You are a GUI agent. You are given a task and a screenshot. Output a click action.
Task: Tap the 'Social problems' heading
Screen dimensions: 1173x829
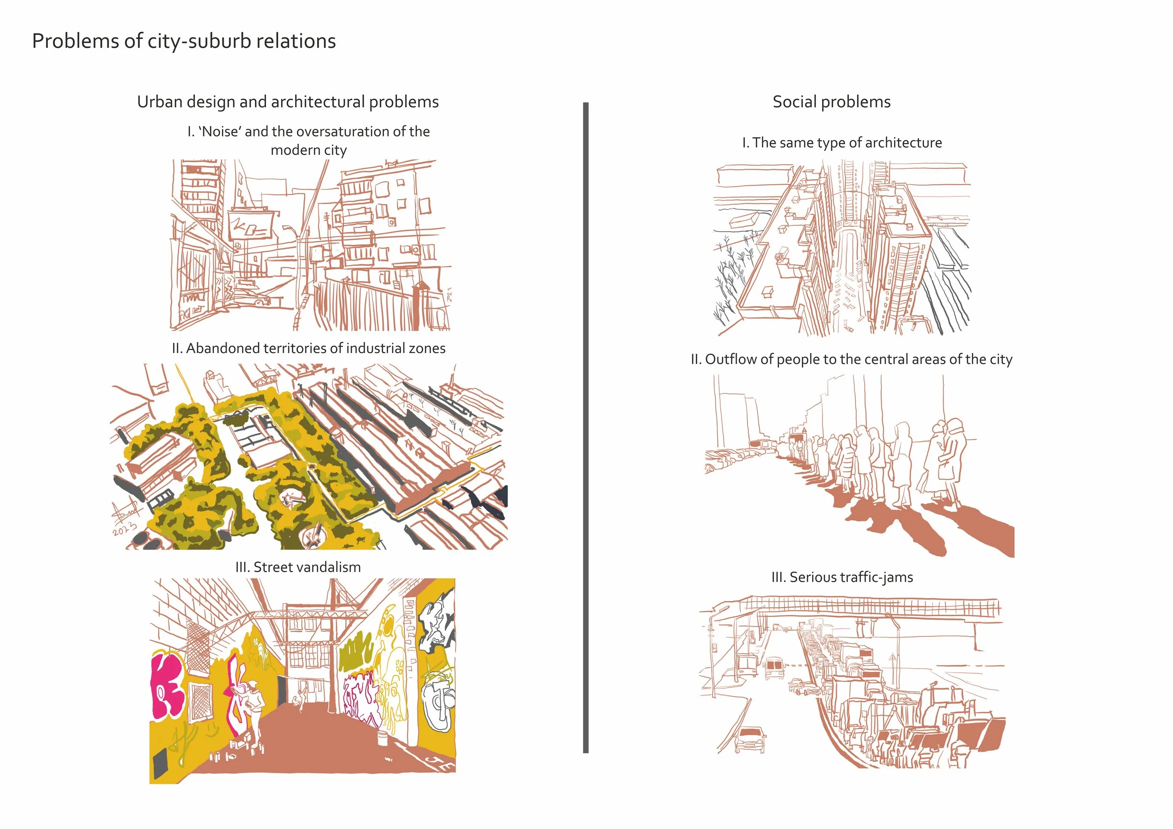pyautogui.click(x=831, y=102)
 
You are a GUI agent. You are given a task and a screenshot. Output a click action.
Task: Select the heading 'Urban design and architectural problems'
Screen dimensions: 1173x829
pyautogui.click(x=288, y=102)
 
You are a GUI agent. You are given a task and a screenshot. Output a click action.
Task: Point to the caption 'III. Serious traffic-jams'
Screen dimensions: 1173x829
pyautogui.click(x=842, y=577)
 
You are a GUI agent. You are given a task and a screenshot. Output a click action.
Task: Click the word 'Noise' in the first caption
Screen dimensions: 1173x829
pyautogui.click(x=220, y=131)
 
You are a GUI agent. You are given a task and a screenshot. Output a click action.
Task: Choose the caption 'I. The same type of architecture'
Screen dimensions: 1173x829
pyautogui.click(x=841, y=143)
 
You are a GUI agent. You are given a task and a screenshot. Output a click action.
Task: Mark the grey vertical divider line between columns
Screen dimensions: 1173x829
pyautogui.click(x=586, y=428)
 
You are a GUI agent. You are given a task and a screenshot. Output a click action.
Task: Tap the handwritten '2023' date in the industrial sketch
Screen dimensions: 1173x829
pyautogui.click(x=125, y=528)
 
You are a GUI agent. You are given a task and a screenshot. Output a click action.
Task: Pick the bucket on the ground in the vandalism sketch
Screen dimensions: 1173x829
pyautogui.click(x=381, y=738)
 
